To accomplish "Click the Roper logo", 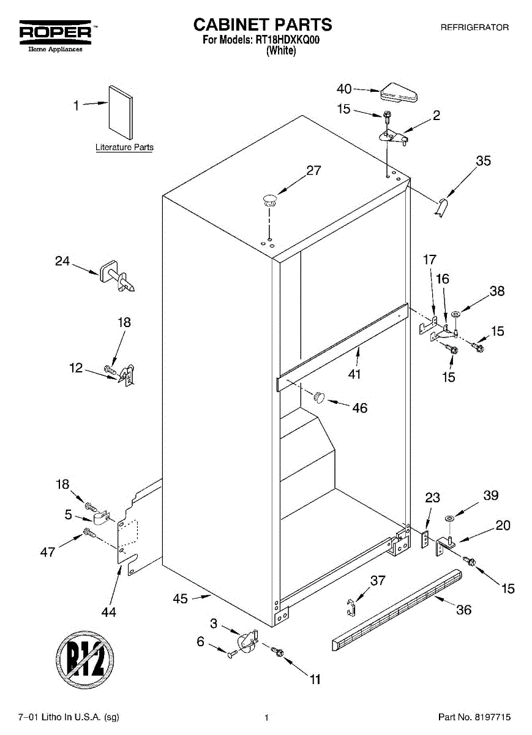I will coord(55,33).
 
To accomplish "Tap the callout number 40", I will coord(344,89).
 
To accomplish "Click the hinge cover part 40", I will coord(399,94).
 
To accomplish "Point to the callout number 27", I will coord(313,171).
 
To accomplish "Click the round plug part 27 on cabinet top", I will coord(269,197).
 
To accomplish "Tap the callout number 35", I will coord(484,161).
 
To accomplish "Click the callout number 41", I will coord(354,374).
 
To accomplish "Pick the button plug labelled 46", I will coord(318,398).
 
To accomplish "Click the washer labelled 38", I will coord(456,315).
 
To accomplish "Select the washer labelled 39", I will coord(450,519).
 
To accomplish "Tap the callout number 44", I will coord(109,611).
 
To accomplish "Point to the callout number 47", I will coord(48,551).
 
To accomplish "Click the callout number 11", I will coord(315,679).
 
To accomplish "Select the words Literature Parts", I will coord(124,148).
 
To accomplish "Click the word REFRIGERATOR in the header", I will coord(474,28).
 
